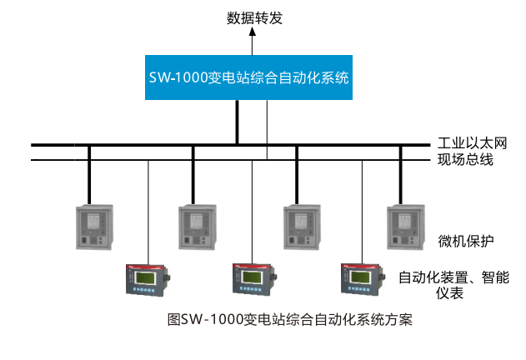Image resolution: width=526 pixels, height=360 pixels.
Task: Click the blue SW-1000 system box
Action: point(246,77)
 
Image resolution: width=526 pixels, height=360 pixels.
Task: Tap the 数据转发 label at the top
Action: point(255,17)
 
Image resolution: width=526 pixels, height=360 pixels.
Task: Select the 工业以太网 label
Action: point(472,142)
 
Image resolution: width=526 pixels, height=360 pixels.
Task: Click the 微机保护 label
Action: point(466,242)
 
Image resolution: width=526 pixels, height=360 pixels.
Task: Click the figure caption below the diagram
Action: point(290,318)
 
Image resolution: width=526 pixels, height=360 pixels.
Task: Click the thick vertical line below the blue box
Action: point(238,122)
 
